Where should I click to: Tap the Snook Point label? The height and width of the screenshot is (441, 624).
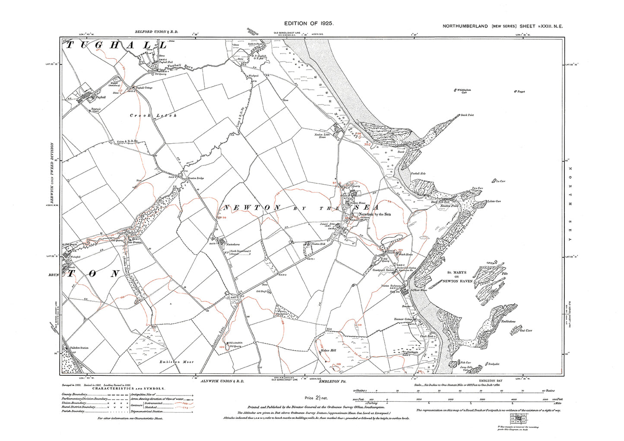click(467, 115)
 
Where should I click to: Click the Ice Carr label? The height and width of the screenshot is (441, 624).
click(500, 181)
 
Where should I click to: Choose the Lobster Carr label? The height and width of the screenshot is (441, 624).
click(494, 201)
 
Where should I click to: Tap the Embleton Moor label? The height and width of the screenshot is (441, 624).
click(176, 362)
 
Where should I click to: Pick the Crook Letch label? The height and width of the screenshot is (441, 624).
click(153, 116)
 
